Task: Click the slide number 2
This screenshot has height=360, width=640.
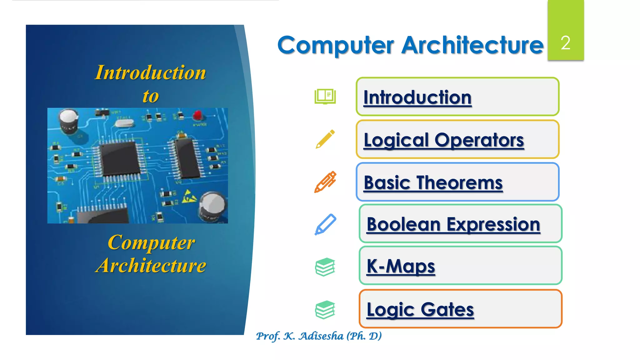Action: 565,42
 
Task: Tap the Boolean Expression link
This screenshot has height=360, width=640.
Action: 453,224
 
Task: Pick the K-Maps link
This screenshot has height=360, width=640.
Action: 401,266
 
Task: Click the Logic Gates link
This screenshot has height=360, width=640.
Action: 420,309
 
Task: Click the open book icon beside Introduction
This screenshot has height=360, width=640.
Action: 325,96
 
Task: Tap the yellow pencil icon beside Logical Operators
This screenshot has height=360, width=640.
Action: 325,139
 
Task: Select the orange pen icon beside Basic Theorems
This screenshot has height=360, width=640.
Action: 325,182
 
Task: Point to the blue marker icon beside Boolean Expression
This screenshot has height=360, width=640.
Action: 325,224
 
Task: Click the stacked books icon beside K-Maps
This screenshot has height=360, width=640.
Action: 325,267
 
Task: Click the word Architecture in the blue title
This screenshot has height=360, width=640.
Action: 472,45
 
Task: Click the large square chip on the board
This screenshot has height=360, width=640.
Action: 119,159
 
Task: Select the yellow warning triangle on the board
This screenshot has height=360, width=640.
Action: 189,196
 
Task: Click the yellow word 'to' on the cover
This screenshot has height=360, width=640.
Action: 151,96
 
